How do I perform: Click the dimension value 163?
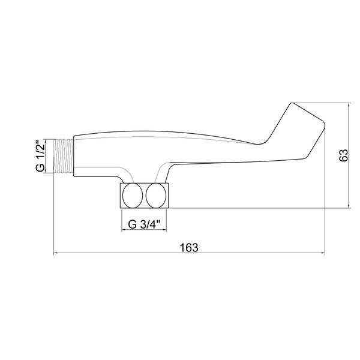[189, 248]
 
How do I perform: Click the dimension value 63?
[344, 155]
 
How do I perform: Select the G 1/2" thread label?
[40, 156]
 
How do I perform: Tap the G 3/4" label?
[144, 224]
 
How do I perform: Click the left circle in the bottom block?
[133, 196]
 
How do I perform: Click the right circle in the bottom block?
[156, 196]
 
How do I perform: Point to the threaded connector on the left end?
[64, 156]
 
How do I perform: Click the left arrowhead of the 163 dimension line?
[55, 253]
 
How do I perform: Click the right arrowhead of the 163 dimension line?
[323, 253]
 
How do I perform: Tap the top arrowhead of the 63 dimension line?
[349, 105]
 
